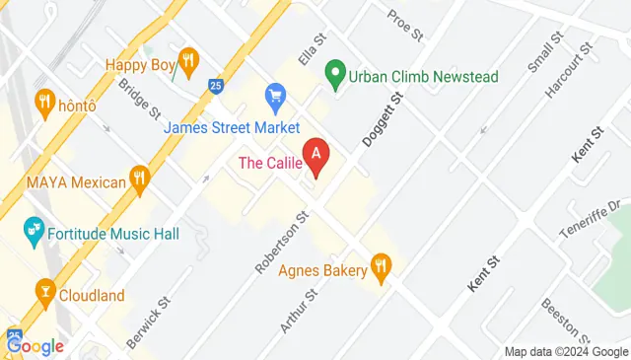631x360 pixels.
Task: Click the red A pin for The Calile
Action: click(315, 155)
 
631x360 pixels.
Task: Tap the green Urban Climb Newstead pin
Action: click(335, 73)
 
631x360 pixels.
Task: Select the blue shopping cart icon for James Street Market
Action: click(275, 97)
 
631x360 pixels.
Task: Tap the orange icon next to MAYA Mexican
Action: click(142, 180)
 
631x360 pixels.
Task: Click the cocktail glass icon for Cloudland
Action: click(44, 292)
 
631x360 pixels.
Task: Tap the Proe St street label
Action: click(404, 23)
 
